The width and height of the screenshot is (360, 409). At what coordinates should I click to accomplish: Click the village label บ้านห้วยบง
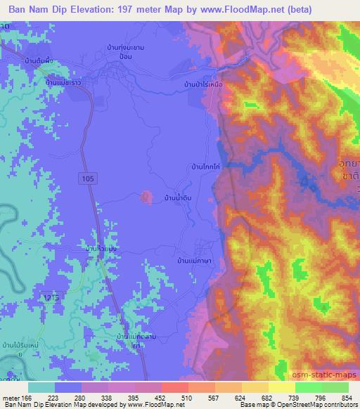point(101,249)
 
